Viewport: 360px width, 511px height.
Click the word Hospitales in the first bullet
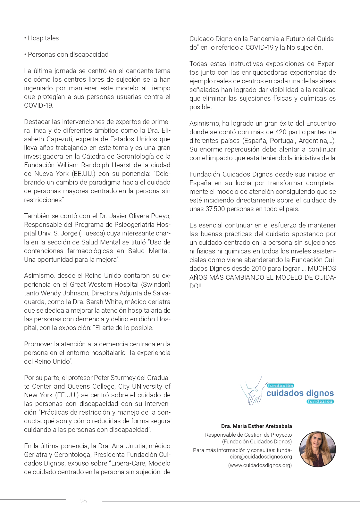click(x=43, y=38)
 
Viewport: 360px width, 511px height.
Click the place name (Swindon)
click(x=156, y=284)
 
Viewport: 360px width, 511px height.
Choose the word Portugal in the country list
click(x=282, y=141)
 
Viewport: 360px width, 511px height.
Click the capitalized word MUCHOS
click(x=322, y=268)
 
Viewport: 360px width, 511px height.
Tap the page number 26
click(x=83, y=501)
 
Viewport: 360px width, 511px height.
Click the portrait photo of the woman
click(x=317, y=449)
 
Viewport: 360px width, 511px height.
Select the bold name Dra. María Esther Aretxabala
click(x=256, y=426)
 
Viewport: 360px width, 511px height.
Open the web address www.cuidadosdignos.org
click(x=260, y=465)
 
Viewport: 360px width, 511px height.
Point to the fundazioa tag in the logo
click(x=320, y=401)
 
